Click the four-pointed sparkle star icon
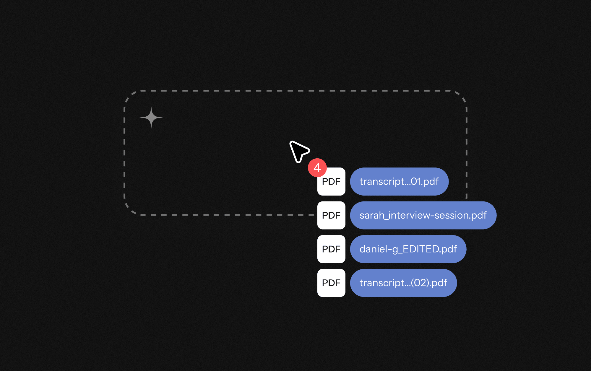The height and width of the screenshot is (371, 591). click(x=151, y=118)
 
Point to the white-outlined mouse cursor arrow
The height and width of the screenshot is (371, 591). click(x=299, y=151)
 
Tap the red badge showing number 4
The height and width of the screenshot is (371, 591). click(x=317, y=168)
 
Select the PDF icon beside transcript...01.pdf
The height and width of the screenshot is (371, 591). click(x=331, y=182)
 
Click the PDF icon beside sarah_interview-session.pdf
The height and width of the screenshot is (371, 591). click(x=331, y=215)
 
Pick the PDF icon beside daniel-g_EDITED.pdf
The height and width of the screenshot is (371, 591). click(x=331, y=249)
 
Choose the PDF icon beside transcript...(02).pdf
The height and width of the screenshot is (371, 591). click(x=331, y=283)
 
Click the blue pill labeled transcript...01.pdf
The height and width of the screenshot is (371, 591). click(x=399, y=182)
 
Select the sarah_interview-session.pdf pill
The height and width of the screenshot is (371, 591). click(x=423, y=215)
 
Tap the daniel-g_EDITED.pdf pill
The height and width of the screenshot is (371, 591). click(x=408, y=249)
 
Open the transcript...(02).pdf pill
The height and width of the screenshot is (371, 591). click(x=403, y=283)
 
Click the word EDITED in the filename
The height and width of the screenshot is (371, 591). click(x=421, y=249)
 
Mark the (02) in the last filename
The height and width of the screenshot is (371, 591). click(x=420, y=283)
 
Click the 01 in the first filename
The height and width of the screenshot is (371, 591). click(x=416, y=182)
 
